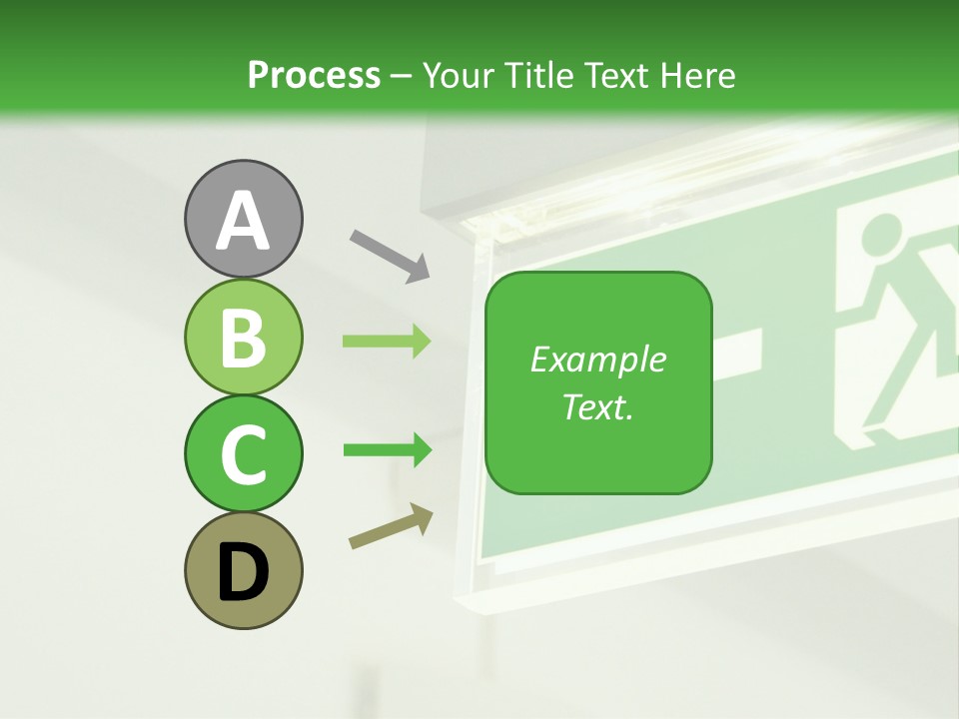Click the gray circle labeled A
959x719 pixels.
(x=243, y=219)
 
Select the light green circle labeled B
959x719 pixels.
(x=243, y=337)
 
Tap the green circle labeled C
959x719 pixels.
(x=243, y=453)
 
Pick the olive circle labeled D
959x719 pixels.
(x=243, y=570)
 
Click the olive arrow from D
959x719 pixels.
(x=391, y=526)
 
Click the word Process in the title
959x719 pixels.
(x=314, y=75)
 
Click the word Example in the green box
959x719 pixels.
(x=597, y=359)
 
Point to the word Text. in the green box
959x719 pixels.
(x=597, y=407)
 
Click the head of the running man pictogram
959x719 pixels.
(x=880, y=238)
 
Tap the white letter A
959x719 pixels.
(x=243, y=220)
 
